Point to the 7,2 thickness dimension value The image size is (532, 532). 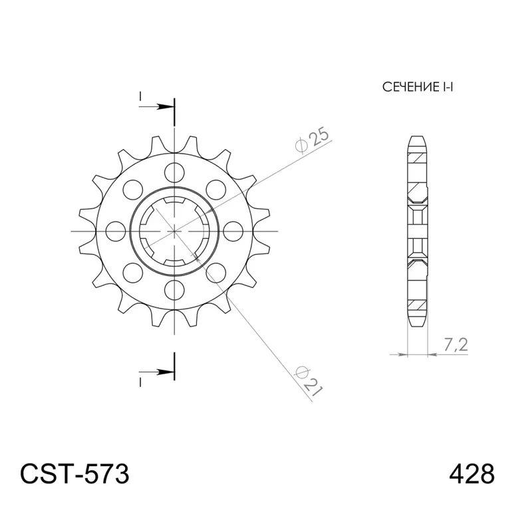[x=457, y=344]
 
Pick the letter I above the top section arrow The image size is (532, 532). [x=141, y=97]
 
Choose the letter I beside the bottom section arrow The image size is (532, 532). [x=141, y=381]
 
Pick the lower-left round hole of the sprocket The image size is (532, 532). [x=133, y=272]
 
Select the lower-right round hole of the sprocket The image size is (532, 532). [x=217, y=272]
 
